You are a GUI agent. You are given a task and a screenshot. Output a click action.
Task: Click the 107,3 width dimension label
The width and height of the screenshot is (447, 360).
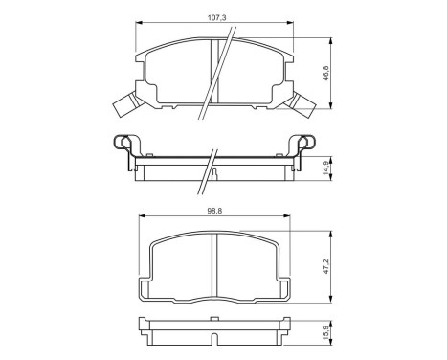[x=217, y=18]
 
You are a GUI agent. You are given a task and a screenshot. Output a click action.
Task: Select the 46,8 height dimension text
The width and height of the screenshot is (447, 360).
[x=325, y=73]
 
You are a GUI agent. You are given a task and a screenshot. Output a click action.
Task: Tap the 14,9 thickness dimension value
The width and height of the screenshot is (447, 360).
[x=325, y=168]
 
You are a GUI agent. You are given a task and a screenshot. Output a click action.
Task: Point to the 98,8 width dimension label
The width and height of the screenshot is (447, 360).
[x=214, y=211]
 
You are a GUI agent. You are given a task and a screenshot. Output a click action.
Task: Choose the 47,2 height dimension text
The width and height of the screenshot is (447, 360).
[x=325, y=266]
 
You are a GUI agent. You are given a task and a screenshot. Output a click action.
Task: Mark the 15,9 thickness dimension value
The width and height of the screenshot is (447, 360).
[x=325, y=332]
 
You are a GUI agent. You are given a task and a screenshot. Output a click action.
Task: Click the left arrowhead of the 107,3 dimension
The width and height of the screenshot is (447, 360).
[x=139, y=23]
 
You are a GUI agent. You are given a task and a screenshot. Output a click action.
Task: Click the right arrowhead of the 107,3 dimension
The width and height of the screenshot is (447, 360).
[x=290, y=23]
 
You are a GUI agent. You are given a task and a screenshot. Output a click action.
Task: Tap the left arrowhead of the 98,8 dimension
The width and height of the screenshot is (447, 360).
[x=142, y=216]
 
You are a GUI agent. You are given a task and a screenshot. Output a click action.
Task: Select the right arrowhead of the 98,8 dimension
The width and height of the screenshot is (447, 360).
[x=286, y=216]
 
